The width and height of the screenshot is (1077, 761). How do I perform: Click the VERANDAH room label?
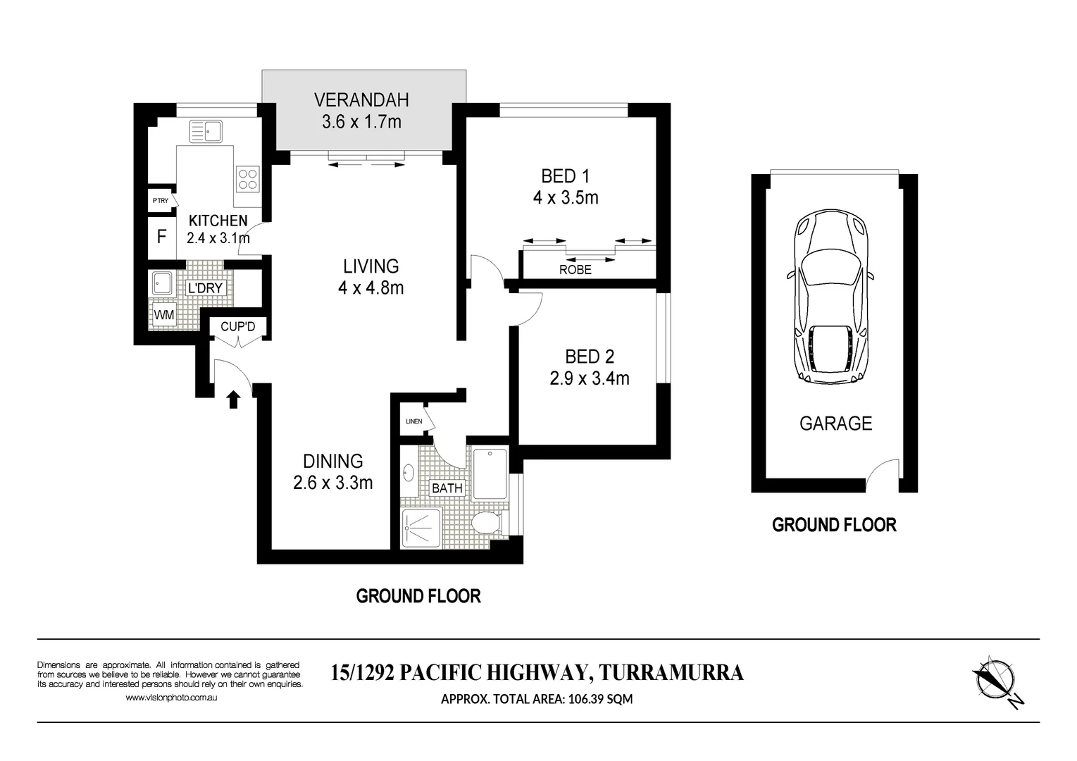click(x=361, y=100)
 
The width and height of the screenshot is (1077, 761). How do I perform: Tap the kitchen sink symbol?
click(x=206, y=131)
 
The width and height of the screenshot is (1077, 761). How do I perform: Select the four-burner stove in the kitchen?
click(x=248, y=179)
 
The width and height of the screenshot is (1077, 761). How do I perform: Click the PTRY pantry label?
click(x=161, y=201)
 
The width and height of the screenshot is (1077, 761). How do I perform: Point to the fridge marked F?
click(x=162, y=237)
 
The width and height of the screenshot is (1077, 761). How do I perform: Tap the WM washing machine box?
click(x=164, y=315)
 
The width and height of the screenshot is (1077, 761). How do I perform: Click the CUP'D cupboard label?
click(x=237, y=327)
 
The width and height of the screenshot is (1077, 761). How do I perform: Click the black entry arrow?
click(x=234, y=400)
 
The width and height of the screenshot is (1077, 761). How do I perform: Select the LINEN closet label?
click(x=414, y=421)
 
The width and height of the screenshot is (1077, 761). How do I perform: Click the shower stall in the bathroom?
click(x=422, y=528)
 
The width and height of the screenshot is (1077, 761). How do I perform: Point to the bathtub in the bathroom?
click(x=490, y=474)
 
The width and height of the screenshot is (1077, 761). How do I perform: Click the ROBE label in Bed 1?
click(x=575, y=270)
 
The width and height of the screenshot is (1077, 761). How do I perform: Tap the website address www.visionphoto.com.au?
click(x=171, y=697)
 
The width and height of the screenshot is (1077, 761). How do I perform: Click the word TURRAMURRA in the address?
click(x=671, y=672)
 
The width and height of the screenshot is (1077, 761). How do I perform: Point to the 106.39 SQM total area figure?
click(x=600, y=699)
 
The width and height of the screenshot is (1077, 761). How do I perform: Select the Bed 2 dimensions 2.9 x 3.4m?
click(x=590, y=378)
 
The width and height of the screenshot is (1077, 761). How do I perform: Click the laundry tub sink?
click(x=162, y=283)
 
